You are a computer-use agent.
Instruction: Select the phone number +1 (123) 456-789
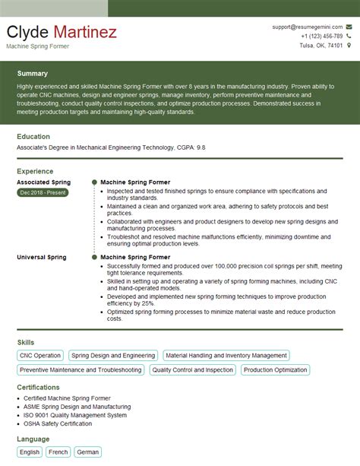pos(321,36)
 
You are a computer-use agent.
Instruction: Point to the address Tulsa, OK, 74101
pos(321,46)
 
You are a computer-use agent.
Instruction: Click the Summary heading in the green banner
pos(32,74)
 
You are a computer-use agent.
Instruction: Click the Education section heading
pos(33,137)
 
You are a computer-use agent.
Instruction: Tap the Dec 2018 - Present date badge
pos(43,193)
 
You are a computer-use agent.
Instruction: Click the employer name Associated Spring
pos(43,182)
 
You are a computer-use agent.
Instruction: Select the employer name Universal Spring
pos(41,257)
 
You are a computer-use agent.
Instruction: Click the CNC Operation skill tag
pos(39,355)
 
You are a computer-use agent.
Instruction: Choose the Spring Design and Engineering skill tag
pos(112,355)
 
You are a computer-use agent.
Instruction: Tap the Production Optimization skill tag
pos(275,369)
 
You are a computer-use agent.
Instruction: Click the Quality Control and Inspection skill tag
pos(192,369)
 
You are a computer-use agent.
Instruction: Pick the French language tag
pos(58,452)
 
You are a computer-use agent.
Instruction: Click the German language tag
pos(88,452)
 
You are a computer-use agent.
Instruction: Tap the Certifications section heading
pos(38,387)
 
